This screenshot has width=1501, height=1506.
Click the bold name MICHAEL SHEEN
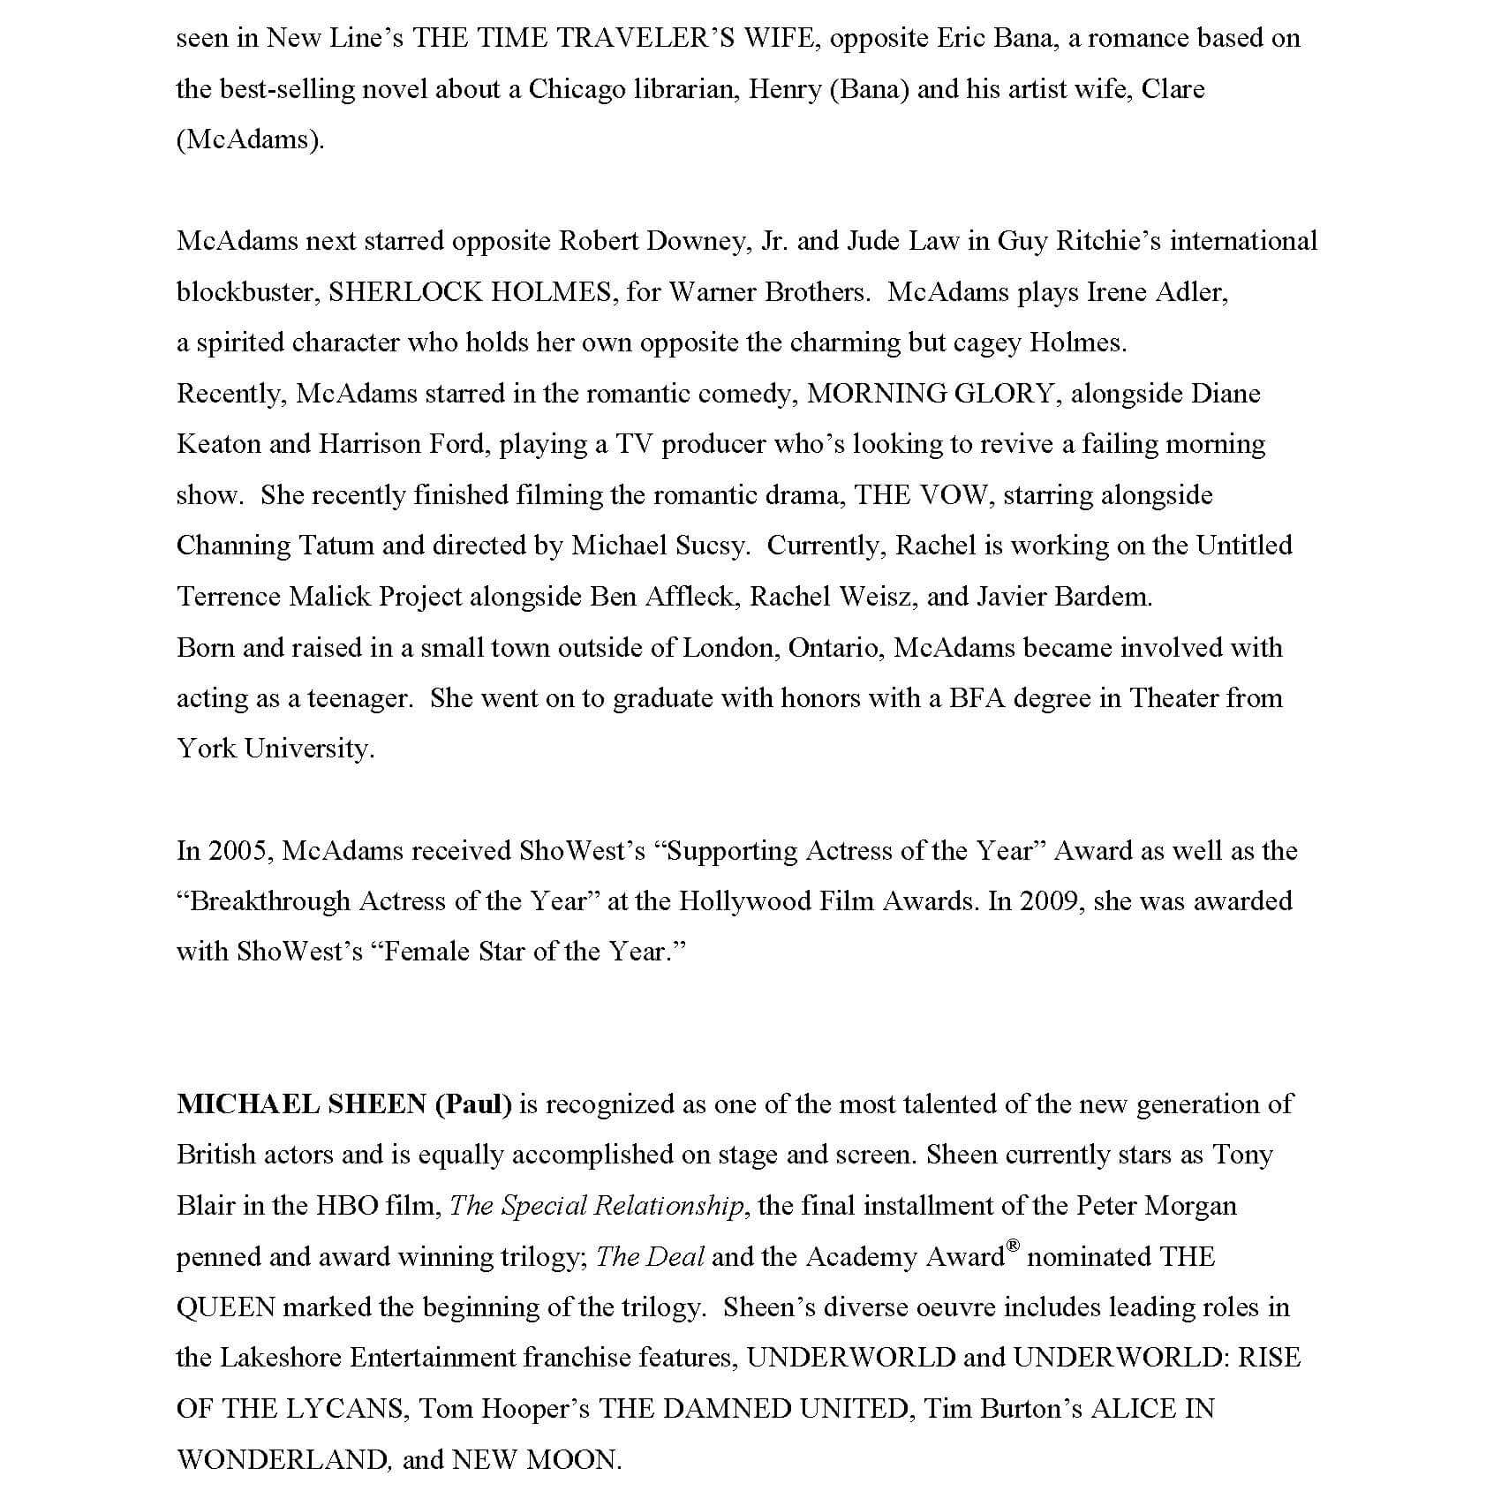[301, 1105]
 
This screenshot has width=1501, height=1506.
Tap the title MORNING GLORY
[931, 394]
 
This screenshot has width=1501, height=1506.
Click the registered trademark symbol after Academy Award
[1013, 1246]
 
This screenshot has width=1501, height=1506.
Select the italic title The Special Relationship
[597, 1207]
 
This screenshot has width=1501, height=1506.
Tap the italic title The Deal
[650, 1257]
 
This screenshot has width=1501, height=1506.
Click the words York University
[275, 749]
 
